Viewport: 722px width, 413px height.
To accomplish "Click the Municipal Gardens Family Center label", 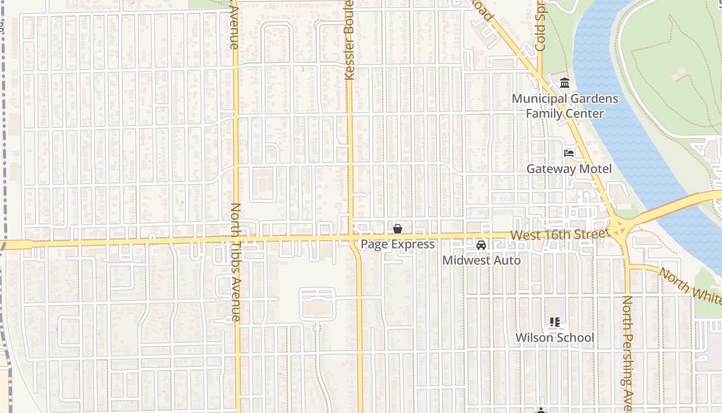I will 565,106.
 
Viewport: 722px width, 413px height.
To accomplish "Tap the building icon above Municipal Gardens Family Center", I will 565,83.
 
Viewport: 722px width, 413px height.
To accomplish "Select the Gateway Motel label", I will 569,169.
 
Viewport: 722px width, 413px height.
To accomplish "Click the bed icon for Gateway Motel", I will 569,153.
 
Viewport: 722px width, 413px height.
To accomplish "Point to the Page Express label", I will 398,244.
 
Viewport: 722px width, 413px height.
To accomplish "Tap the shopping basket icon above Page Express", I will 398,229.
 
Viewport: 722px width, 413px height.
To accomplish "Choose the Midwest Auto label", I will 481,261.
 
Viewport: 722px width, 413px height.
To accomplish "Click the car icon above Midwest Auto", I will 481,245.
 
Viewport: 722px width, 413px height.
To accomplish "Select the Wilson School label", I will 555,338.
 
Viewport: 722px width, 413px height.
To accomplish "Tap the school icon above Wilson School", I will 555,322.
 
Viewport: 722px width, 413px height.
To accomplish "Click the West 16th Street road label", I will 557,235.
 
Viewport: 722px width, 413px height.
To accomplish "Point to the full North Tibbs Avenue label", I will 235,262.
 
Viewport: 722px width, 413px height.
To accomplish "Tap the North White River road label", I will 691,287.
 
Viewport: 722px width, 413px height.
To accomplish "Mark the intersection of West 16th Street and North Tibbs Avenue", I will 237,241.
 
